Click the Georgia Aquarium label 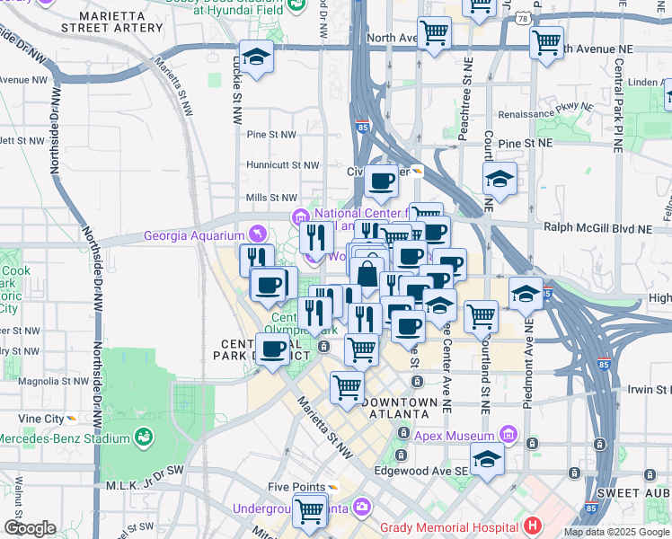tap(198, 237)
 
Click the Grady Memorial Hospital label tap(449, 526)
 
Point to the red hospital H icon tap(534, 526)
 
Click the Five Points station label tap(296, 487)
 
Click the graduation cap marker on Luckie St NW tap(256, 57)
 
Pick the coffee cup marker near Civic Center tap(381, 181)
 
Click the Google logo tap(29, 528)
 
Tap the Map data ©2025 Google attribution tap(616, 532)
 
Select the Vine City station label tap(41, 419)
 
